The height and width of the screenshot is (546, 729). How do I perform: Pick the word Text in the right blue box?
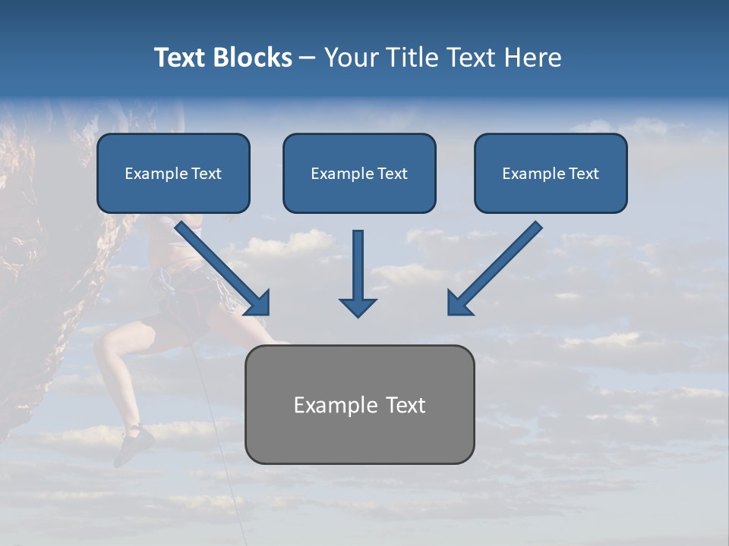click(583, 174)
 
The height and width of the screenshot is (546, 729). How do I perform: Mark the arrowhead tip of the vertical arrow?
click(358, 315)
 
